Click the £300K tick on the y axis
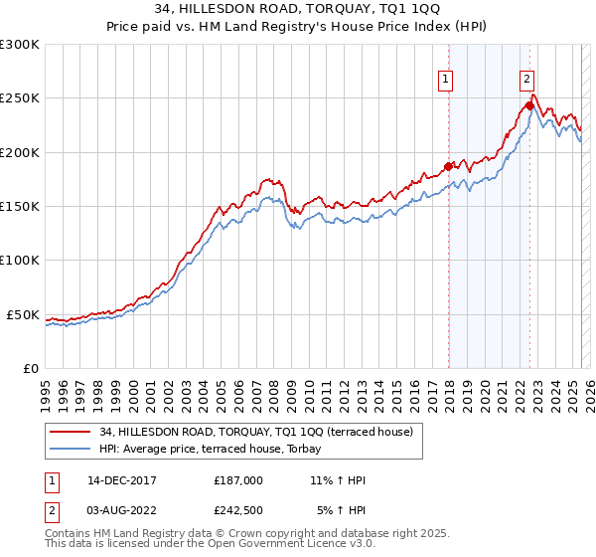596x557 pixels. click(x=20, y=45)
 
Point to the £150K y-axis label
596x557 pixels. click(x=20, y=207)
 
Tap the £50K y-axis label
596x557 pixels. click(x=23, y=314)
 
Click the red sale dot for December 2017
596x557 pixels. click(x=448, y=166)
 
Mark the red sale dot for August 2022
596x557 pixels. click(x=529, y=105)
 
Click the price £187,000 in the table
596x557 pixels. click(x=238, y=480)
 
